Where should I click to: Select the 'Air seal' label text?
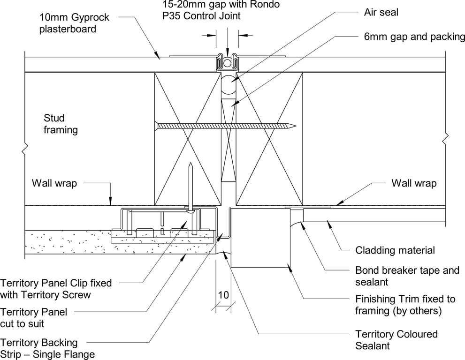pos(381,12)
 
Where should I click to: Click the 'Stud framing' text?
pos(61,124)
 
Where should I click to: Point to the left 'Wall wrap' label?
pos(54,183)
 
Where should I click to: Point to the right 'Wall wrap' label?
pos(414,183)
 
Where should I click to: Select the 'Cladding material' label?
pos(395,250)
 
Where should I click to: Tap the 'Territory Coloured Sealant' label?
pos(396,340)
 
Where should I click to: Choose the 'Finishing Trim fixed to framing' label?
pos(405,304)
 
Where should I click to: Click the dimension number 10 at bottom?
pos(223,295)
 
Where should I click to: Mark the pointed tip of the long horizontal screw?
pos(294,126)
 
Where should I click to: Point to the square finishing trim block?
pos(260,238)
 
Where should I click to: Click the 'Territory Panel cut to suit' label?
pos(34,317)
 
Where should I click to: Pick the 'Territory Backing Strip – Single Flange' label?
pos(47,348)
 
